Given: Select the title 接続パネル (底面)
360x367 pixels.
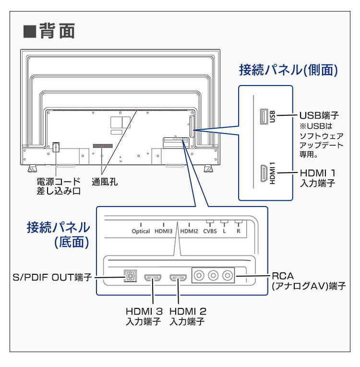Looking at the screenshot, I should point(58,234).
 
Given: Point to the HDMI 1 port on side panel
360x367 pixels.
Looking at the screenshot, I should point(264,173).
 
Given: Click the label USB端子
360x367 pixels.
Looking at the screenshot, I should point(319,116).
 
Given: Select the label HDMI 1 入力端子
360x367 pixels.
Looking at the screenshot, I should point(317,178).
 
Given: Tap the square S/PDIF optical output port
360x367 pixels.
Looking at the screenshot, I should point(130,277).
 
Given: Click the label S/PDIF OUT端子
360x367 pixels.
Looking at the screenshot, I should point(52,278).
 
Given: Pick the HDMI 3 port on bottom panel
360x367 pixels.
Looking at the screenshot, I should point(154,278).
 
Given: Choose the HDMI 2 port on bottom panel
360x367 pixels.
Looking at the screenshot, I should point(178,278).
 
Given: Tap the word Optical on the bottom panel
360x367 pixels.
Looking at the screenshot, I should point(141,231).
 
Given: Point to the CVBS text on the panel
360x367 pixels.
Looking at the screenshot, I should point(210,231).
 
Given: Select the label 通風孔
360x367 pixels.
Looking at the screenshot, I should point(104,182).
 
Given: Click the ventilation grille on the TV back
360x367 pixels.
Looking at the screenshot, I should point(102,145).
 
